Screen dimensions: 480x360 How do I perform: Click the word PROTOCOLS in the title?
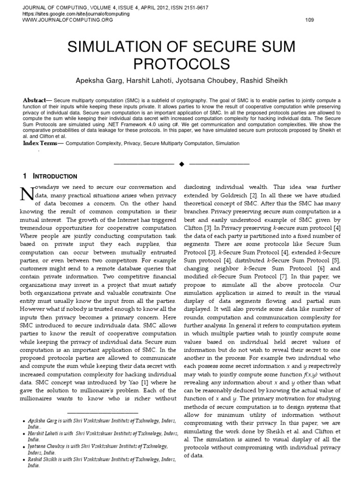[x=180, y=64]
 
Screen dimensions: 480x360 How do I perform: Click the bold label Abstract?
[x=37, y=101]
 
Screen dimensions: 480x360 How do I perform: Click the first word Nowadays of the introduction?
[x=52, y=187]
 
